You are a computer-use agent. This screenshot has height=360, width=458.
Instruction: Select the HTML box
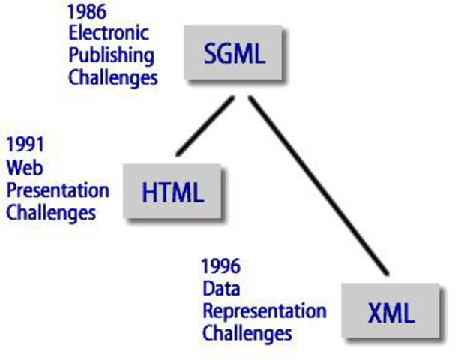[x=172, y=192]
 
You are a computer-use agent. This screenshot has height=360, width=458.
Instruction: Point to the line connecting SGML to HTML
[x=203, y=126]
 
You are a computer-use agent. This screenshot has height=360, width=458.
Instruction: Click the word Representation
[x=264, y=310]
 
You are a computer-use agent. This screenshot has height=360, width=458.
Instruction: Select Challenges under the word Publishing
[x=113, y=76]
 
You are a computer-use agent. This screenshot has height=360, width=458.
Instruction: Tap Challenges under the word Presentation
[x=51, y=211]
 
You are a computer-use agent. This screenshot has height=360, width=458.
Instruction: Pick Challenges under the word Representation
[x=247, y=331]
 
